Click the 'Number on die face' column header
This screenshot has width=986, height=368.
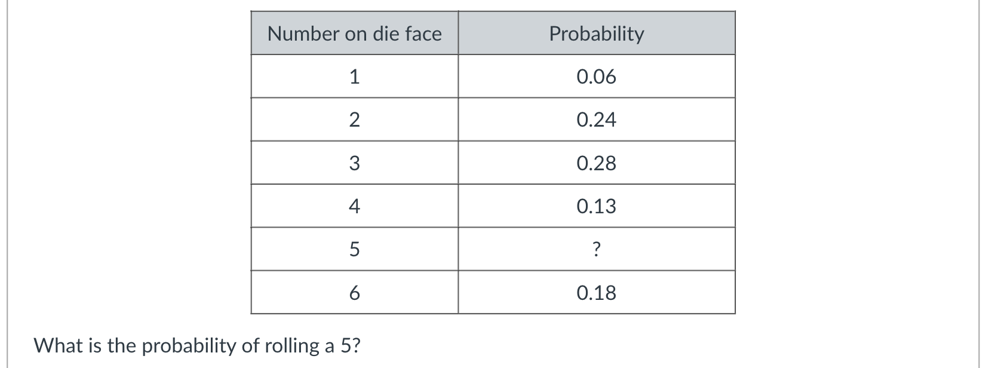click(x=354, y=33)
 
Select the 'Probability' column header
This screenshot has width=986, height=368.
click(x=596, y=33)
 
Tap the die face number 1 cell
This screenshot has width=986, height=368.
click(x=354, y=76)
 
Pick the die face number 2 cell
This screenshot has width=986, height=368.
click(x=354, y=120)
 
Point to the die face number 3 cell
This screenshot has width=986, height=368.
click(x=354, y=163)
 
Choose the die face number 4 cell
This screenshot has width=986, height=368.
click(x=354, y=206)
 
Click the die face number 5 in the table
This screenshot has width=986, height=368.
click(x=354, y=249)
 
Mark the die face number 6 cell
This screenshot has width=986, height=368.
click(x=354, y=293)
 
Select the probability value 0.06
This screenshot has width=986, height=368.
click(x=596, y=76)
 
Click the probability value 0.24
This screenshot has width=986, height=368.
click(x=596, y=120)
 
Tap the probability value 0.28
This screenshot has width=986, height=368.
click(x=596, y=163)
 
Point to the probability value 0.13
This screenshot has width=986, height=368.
click(x=596, y=206)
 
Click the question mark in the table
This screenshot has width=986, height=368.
click(x=596, y=250)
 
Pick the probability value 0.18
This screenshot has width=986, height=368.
click(x=596, y=293)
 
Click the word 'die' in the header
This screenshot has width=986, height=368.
click(x=386, y=33)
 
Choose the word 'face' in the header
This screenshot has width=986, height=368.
click(x=423, y=33)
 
